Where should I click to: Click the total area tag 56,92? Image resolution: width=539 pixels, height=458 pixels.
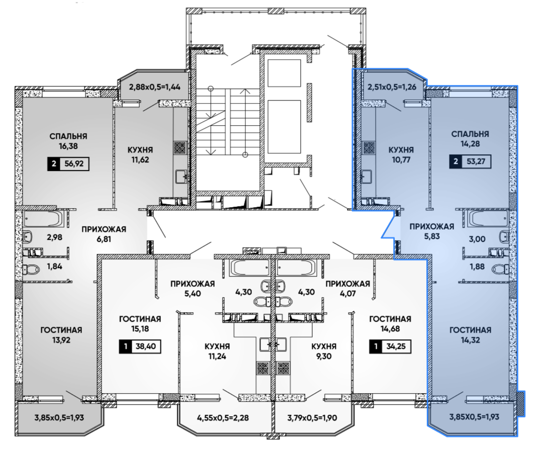[x=68, y=163]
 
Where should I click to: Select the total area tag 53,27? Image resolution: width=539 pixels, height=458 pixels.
[x=470, y=161]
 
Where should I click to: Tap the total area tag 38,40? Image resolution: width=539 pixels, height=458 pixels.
[x=140, y=346]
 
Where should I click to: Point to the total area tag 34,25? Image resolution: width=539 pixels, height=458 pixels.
[x=390, y=346]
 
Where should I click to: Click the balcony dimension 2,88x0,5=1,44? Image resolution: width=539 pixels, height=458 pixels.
[x=154, y=87]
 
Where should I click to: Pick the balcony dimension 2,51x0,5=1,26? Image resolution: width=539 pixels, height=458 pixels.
[x=392, y=87]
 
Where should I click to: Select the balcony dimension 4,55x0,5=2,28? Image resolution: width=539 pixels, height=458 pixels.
[x=223, y=418]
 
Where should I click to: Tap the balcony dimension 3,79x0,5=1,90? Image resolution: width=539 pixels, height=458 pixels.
[x=312, y=418]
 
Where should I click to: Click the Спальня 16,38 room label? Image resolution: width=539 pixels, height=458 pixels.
[x=68, y=141]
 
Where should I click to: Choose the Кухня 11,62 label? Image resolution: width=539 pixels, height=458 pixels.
[x=140, y=155]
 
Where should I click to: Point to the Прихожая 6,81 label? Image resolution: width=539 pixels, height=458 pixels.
[x=104, y=234]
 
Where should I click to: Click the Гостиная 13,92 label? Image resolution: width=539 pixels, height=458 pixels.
[x=61, y=335]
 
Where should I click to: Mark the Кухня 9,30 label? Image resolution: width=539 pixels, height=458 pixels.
[x=324, y=351]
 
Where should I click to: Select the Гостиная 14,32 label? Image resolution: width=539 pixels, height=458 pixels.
[x=470, y=335]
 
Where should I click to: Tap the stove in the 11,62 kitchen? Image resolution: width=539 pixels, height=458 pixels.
[x=180, y=148]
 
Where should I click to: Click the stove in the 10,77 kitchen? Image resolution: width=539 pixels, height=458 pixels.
[x=369, y=148]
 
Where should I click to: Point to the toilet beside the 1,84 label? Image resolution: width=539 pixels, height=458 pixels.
[x=31, y=269]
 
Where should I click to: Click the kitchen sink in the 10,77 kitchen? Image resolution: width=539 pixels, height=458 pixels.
[x=368, y=176]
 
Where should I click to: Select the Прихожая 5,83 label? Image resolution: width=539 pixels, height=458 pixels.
[x=432, y=231]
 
